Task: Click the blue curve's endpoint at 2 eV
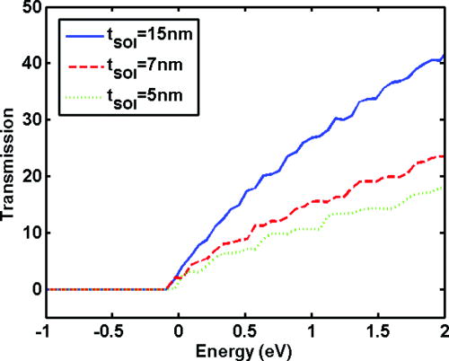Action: [x=445, y=56]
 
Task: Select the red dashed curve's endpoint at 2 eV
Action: [x=445, y=156]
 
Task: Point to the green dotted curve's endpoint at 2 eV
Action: [x=445, y=188]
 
